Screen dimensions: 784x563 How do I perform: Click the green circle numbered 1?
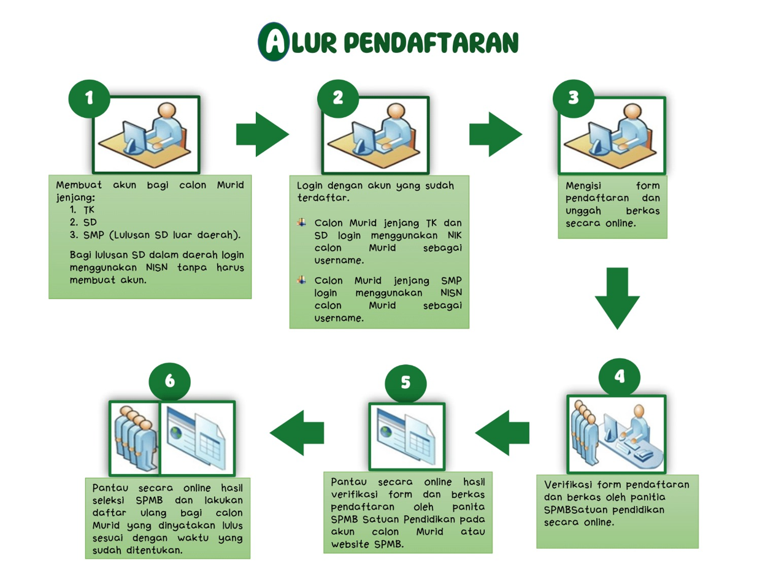89,99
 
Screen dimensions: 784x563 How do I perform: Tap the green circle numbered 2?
338,99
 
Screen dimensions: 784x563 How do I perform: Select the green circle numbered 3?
574,99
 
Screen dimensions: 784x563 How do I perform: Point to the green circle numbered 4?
620,377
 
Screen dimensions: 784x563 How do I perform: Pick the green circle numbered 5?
405,383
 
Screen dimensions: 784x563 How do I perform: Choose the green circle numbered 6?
170,381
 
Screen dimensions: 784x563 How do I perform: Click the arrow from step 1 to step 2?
263,134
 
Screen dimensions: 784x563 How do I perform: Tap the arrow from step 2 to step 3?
496,134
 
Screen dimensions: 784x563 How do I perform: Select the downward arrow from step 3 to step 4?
617,299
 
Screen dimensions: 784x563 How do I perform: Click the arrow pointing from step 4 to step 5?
502,433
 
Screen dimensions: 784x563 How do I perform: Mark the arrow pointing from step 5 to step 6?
297,433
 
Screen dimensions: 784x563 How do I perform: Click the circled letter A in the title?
274,42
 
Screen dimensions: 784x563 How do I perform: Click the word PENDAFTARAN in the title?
431,43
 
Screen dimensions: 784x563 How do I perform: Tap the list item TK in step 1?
89,210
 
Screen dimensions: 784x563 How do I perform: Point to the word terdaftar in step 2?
323,198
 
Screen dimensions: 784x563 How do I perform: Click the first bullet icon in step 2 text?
302,223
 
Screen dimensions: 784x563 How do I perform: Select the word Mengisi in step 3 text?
583,186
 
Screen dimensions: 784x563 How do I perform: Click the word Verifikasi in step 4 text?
567,485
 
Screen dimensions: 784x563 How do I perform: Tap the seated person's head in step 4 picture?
639,411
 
